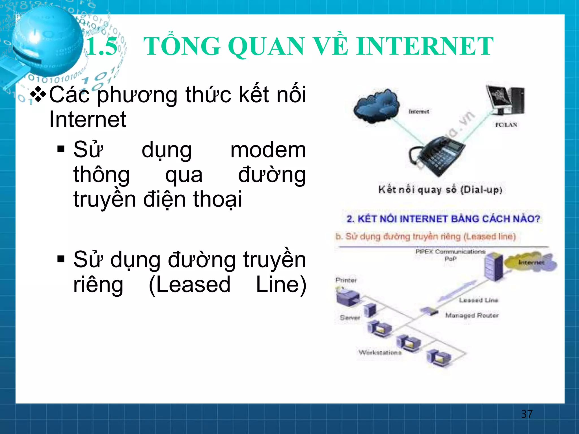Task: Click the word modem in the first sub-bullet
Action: pos(268,150)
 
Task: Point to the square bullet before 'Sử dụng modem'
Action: pos(61,149)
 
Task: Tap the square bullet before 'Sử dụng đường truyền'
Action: pos(61,259)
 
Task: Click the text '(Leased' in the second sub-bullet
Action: pos(189,285)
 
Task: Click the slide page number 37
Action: pos(527,414)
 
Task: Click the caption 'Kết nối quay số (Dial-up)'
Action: pos(440,190)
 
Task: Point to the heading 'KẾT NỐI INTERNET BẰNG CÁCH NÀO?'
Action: pos(443,219)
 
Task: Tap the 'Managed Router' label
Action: pos(472,315)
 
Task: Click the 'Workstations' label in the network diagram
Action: pos(380,352)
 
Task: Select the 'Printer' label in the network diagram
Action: pos(346,280)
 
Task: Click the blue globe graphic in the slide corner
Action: pos(47,41)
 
